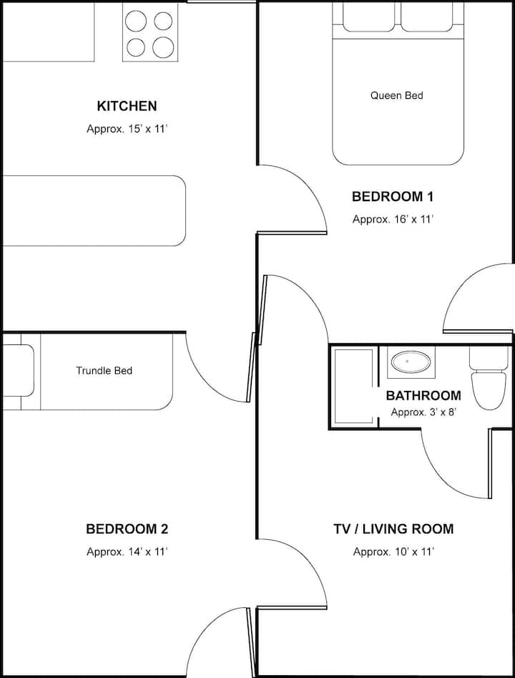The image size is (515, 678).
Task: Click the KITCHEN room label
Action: (x=127, y=106)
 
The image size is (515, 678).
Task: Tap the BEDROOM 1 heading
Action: (x=393, y=197)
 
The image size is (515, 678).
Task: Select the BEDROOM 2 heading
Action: (x=127, y=529)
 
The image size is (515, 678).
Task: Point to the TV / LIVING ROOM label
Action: (x=393, y=529)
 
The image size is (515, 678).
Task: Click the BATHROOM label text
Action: (x=423, y=396)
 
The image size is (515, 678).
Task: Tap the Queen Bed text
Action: (x=396, y=95)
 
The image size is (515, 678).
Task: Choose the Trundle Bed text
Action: (x=104, y=371)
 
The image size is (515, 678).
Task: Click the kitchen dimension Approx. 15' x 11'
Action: (x=127, y=129)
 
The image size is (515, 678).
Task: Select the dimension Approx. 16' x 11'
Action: (x=393, y=219)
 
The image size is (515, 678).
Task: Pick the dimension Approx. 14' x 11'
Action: (x=127, y=552)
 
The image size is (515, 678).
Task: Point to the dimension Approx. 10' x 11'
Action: (x=393, y=552)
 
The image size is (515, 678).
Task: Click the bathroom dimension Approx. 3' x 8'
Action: (x=424, y=412)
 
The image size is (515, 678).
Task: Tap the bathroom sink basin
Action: (x=411, y=362)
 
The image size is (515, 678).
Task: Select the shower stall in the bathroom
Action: (x=353, y=386)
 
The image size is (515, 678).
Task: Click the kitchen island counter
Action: (x=94, y=210)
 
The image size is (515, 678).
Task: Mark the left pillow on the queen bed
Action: (x=368, y=16)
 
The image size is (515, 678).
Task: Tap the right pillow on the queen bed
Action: (x=427, y=16)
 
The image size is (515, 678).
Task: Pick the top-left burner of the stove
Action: (x=136, y=21)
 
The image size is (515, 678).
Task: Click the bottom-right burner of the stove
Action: (x=163, y=47)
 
